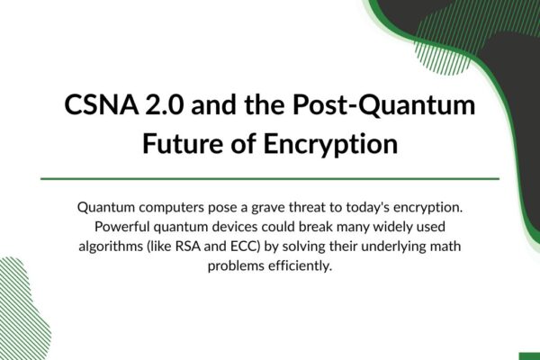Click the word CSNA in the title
tap(102, 104)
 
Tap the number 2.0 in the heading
tap(165, 104)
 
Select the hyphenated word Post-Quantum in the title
tap(384, 105)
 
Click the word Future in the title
tap(183, 143)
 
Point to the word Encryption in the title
tap(330, 144)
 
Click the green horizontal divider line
tap(270, 179)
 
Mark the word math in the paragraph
tap(445, 247)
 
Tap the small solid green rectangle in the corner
tap(530, 356)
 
